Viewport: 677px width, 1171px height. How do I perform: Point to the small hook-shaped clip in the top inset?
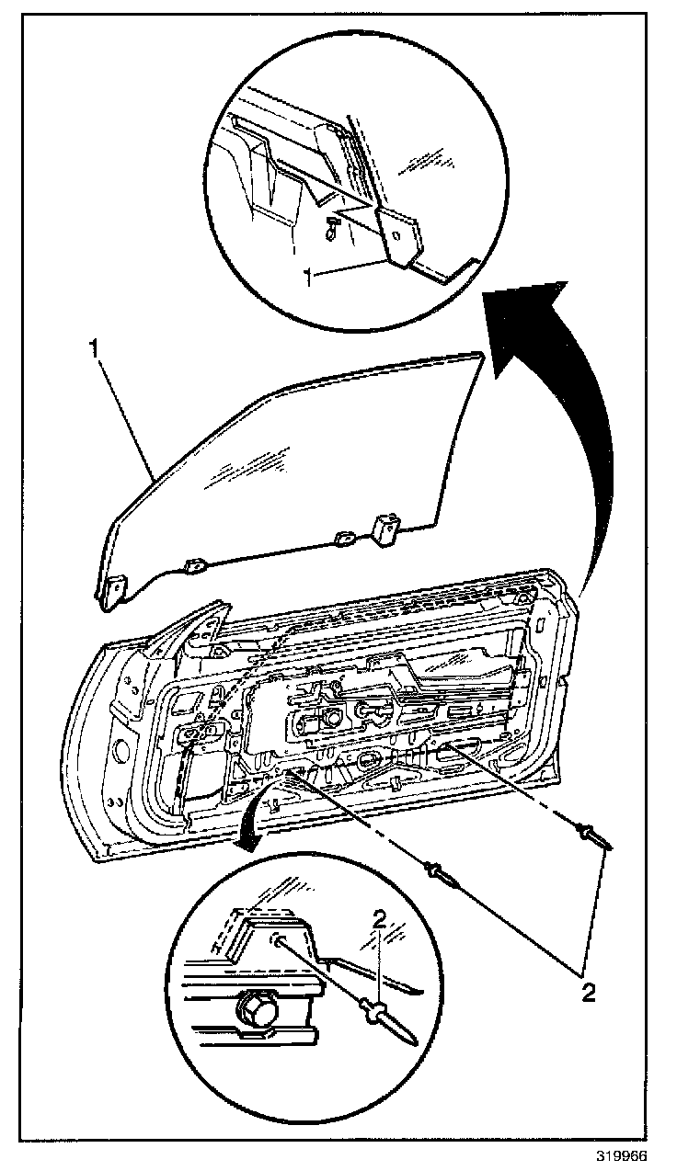click(330, 231)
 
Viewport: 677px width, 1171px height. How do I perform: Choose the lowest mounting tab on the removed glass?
click(114, 587)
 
